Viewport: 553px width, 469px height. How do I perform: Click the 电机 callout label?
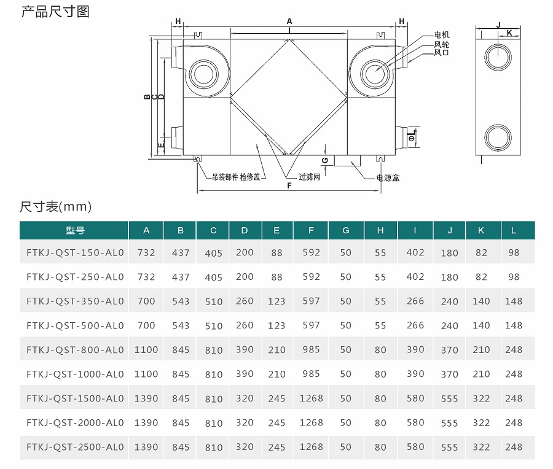(442, 35)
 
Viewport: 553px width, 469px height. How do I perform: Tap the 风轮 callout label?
(442, 44)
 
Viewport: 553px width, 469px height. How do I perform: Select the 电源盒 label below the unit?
(388, 177)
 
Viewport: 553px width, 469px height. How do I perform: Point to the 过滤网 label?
(309, 177)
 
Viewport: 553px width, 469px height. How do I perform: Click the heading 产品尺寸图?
(55, 12)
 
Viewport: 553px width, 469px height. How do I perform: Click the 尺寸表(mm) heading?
(56, 206)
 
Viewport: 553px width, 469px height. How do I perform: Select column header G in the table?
(345, 230)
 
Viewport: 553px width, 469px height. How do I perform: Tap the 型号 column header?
(75, 230)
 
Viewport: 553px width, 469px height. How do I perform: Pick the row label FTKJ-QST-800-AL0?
(75, 349)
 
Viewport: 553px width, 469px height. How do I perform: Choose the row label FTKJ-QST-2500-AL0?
(75, 447)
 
